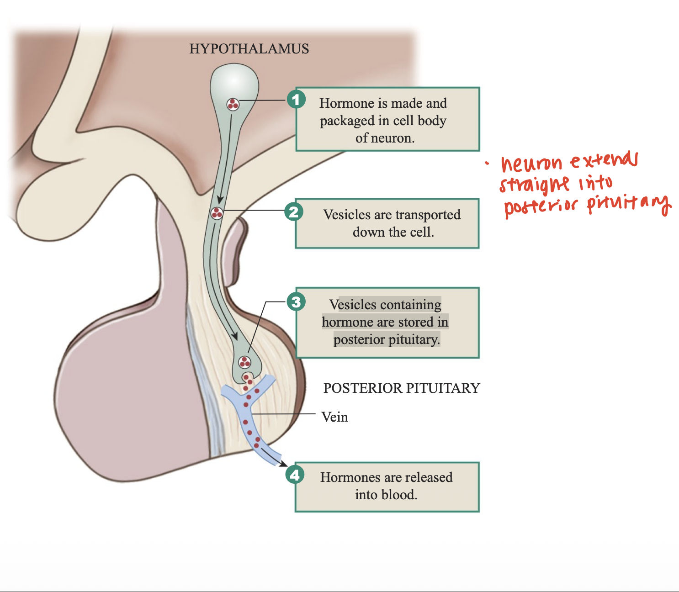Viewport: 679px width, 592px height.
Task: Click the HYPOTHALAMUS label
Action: pyautogui.click(x=249, y=49)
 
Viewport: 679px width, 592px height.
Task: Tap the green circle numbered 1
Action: pyautogui.click(x=296, y=99)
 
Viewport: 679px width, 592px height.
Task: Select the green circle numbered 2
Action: pyautogui.click(x=294, y=211)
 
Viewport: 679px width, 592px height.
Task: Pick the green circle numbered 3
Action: pyautogui.click(x=296, y=301)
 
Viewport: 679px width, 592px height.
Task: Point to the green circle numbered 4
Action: pyautogui.click(x=295, y=475)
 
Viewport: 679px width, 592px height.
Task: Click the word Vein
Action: pyautogui.click(x=334, y=417)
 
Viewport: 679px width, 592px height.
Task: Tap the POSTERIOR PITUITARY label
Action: pyautogui.click(x=402, y=388)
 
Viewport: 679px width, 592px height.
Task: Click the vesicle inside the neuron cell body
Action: pyautogui.click(x=233, y=105)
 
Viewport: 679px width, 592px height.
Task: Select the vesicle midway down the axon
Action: pyautogui.click(x=217, y=213)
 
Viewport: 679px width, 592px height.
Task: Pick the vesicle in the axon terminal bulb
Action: pyautogui.click(x=245, y=363)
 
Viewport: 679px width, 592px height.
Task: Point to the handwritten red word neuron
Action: pyautogui.click(x=531, y=164)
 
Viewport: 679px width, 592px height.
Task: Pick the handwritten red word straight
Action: pyautogui.click(x=535, y=185)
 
